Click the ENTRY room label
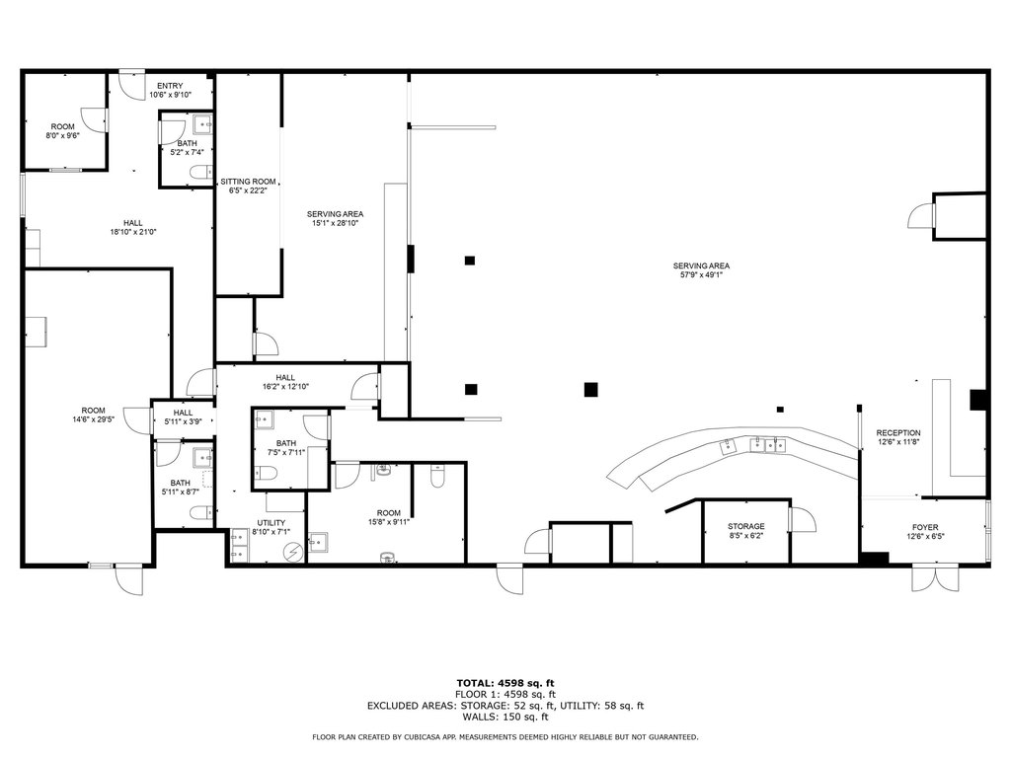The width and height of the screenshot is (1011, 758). coord(170,86)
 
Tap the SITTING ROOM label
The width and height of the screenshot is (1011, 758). coord(248,182)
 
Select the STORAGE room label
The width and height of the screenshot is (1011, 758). coord(746,527)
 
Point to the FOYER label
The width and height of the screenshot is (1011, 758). coord(925,527)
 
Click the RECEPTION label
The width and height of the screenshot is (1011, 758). coord(898,433)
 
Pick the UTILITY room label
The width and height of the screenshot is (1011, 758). coord(271,523)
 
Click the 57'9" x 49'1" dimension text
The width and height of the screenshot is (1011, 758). coord(702,275)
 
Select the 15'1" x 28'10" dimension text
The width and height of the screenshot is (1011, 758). coord(335,224)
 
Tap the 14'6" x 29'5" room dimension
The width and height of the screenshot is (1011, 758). coord(94,419)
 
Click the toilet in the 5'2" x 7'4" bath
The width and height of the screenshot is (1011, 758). coord(201,172)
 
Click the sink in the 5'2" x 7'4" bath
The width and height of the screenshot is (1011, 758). coord(203,123)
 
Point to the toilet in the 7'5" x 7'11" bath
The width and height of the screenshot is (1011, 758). coord(266,475)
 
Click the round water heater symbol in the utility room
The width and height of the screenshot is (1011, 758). coord(293,552)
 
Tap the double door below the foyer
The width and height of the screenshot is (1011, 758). coord(926,578)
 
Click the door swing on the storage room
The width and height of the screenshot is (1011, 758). coord(803,519)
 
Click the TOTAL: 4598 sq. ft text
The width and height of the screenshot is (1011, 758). coord(505,683)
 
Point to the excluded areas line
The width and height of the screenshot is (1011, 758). coord(505,706)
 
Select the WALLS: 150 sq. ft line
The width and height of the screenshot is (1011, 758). coord(505,717)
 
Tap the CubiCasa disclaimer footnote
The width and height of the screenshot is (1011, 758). coord(505,736)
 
